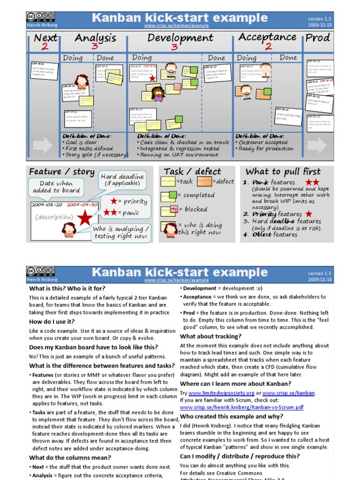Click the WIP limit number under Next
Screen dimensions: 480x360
(45, 46)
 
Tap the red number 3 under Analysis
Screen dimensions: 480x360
(95, 46)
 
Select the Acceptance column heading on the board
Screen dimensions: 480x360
(267, 37)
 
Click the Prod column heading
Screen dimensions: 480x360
(318, 37)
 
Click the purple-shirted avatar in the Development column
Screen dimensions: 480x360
(157, 94)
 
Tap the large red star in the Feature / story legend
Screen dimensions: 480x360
(85, 218)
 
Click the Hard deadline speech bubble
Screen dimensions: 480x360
(122, 180)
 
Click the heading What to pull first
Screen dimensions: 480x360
(283, 172)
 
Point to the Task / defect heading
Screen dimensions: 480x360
(192, 172)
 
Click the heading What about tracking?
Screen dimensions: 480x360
(211, 336)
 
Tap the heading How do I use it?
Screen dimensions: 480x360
(52, 322)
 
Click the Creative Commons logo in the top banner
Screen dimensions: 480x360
(40, 17)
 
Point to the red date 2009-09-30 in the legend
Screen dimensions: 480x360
(82, 205)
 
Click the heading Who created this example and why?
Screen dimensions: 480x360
(232, 416)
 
